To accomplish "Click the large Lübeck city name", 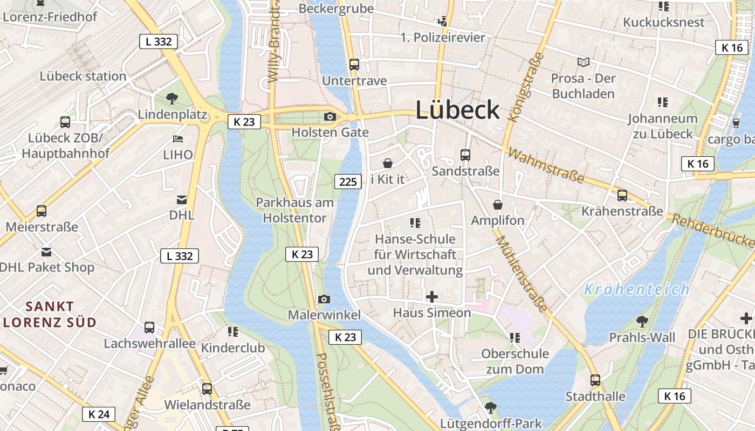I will (457, 110).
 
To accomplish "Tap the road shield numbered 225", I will (348, 182).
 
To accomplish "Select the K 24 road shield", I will (99, 414).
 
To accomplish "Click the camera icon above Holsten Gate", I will (330, 116).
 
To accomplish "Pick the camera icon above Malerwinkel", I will (324, 299).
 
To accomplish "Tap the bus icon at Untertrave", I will (354, 65).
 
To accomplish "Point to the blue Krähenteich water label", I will (637, 289).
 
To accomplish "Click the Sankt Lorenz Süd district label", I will (50, 315).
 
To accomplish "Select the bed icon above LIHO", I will (178, 139).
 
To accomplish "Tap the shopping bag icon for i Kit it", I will (387, 163).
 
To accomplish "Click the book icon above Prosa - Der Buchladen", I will (584, 62).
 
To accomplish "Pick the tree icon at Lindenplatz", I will (172, 99).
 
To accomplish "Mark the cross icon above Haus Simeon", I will (431, 296).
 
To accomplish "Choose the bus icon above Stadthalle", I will (595, 380).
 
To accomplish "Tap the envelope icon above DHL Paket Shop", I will (46, 252).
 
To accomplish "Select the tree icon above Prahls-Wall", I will (642, 322).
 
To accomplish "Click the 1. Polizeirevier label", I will (443, 37).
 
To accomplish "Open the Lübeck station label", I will (83, 76).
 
